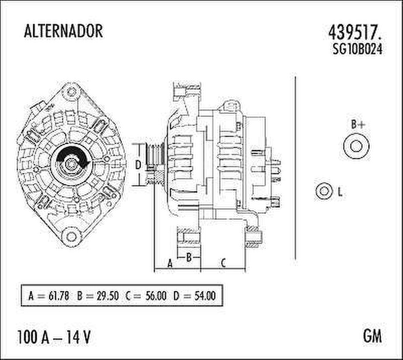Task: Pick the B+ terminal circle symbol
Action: click(x=357, y=147)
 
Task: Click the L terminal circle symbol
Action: click(x=323, y=191)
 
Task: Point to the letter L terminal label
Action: click(x=340, y=193)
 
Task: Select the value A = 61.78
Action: click(x=48, y=296)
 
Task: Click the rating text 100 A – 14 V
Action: click(x=54, y=337)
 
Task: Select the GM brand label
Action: click(x=372, y=336)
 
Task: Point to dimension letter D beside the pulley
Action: click(x=138, y=165)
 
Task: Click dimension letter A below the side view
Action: click(x=170, y=264)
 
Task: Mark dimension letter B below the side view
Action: click(x=189, y=257)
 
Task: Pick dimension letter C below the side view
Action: click(x=223, y=264)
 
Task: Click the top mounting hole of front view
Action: click(x=71, y=93)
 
